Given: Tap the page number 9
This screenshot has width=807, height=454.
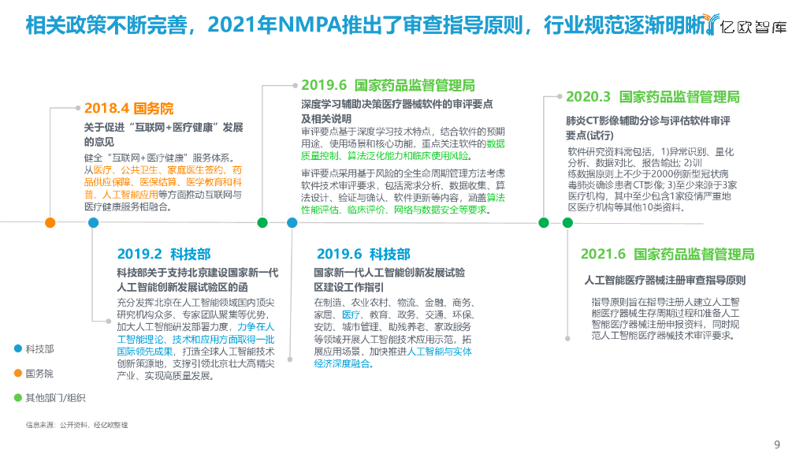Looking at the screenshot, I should [x=778, y=442].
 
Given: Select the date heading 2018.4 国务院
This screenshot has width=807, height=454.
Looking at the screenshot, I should [x=128, y=109].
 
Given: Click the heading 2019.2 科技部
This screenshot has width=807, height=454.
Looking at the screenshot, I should [x=164, y=254].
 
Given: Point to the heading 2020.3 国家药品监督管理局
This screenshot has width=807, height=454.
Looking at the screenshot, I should [x=653, y=97].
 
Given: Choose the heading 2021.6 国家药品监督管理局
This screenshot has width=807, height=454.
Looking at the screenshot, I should [x=667, y=254].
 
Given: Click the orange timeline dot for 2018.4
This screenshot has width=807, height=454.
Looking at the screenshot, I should [x=50, y=223].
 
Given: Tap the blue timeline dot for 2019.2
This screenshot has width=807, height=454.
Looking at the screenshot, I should [x=94, y=223].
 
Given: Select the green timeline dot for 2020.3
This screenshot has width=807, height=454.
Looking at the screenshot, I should [x=544, y=223].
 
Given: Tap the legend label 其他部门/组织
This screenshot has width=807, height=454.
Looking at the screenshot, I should [x=55, y=398].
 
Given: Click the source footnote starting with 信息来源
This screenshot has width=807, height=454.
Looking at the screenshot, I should [x=76, y=425].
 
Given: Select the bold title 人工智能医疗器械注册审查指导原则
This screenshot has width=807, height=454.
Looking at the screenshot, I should [x=665, y=280].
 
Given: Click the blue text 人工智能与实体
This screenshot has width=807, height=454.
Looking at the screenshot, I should [x=439, y=351].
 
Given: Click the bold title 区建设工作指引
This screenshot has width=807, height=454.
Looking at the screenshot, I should [x=349, y=286].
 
